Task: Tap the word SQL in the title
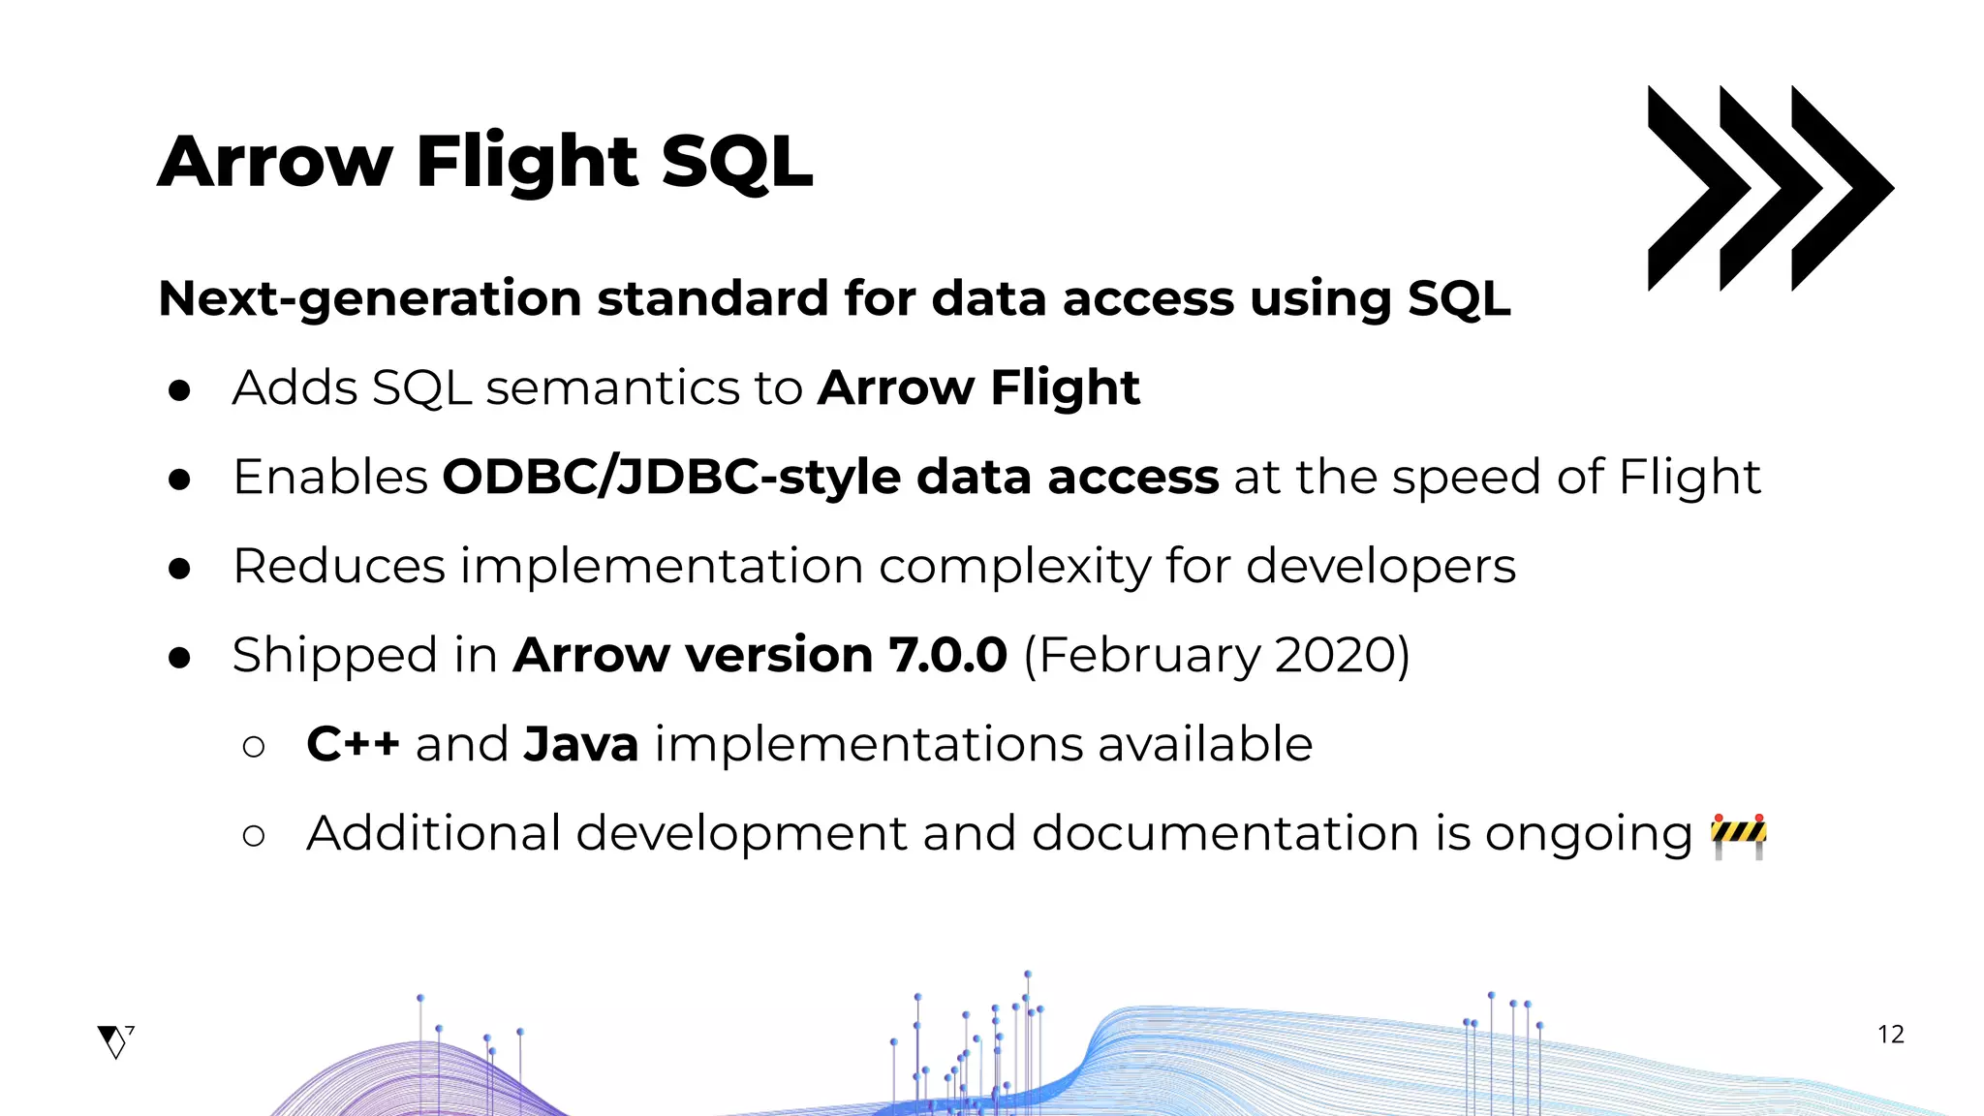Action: coord(736,162)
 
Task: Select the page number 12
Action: coord(1890,1035)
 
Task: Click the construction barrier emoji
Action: coord(1738,836)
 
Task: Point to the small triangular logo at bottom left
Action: coord(115,1041)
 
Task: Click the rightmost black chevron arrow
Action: coord(1841,188)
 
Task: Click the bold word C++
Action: coord(353,744)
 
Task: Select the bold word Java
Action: coord(580,744)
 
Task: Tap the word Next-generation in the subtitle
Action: coord(368,298)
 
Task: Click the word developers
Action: coord(1380,566)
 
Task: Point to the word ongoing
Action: coord(1588,835)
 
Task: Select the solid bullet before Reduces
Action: coord(179,568)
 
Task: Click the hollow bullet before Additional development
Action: coord(254,835)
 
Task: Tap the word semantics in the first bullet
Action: coord(643,387)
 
